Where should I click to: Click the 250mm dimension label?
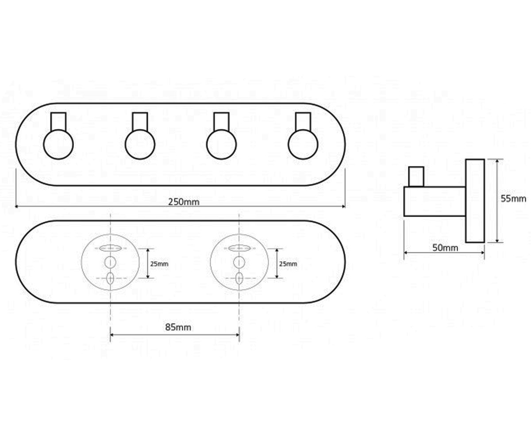(184, 202)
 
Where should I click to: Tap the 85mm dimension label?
(178, 328)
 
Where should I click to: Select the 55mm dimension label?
(513, 198)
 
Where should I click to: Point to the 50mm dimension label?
(445, 248)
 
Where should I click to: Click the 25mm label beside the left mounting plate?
(159, 264)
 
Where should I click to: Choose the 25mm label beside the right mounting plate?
(288, 264)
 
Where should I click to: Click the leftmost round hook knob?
(58, 145)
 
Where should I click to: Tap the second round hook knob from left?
(140, 145)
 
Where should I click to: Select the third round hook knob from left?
(222, 145)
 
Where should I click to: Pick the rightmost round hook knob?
(303, 145)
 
